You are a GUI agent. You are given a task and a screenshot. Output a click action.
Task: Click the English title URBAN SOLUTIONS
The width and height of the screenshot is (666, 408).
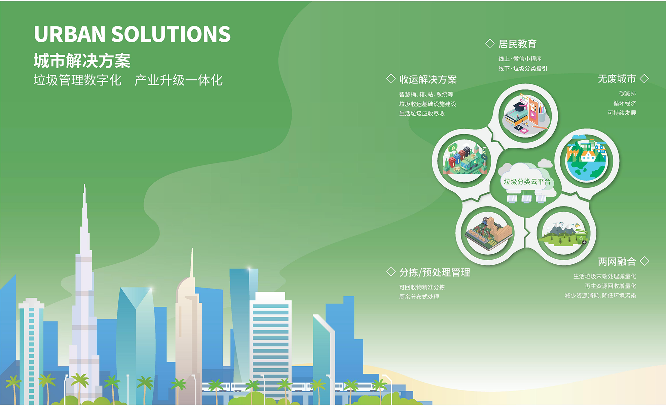coord(132,34)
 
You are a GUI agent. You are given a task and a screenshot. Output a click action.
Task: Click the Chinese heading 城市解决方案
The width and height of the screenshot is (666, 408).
coord(82,61)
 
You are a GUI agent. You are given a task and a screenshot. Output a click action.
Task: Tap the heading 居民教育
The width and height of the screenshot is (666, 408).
coord(517,44)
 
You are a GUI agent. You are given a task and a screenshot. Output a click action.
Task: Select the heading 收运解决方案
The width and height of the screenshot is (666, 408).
coord(428,79)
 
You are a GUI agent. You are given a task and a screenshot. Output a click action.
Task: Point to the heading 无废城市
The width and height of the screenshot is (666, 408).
coord(617,79)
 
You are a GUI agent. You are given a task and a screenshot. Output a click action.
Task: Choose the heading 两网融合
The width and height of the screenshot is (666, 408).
coord(617,261)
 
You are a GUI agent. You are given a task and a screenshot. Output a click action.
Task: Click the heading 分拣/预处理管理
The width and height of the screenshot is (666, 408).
coord(435,272)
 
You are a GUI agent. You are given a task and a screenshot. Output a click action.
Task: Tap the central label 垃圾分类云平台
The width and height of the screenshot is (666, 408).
coord(527,182)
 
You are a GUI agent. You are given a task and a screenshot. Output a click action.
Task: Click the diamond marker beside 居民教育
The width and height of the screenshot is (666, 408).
coord(490,43)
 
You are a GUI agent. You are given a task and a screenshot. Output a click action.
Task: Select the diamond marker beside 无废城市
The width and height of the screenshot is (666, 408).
coord(644,78)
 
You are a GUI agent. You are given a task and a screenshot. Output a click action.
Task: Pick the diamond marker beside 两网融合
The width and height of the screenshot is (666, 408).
coord(644,261)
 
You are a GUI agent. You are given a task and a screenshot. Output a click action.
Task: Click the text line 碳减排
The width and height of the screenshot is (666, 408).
coord(628,94)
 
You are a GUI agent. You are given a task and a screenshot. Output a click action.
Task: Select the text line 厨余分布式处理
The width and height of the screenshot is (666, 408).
coord(419,297)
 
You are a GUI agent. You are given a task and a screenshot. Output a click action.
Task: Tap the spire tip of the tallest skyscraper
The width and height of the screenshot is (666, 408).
coord(84,184)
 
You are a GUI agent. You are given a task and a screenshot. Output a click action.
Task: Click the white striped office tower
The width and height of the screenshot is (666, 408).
coord(271,340)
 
